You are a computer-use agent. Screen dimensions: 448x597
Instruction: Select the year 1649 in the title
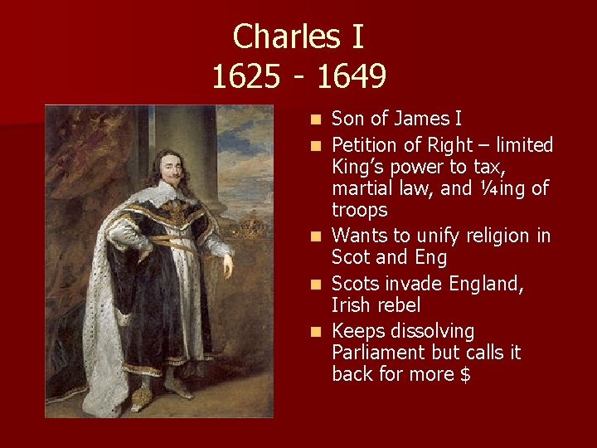tap(352, 77)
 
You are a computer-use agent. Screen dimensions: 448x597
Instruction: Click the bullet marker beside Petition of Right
tap(315, 146)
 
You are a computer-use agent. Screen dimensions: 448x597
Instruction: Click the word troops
tap(359, 210)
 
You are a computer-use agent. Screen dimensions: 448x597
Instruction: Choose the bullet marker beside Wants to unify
tap(315, 236)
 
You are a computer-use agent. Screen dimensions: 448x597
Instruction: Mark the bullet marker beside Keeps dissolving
tap(315, 332)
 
